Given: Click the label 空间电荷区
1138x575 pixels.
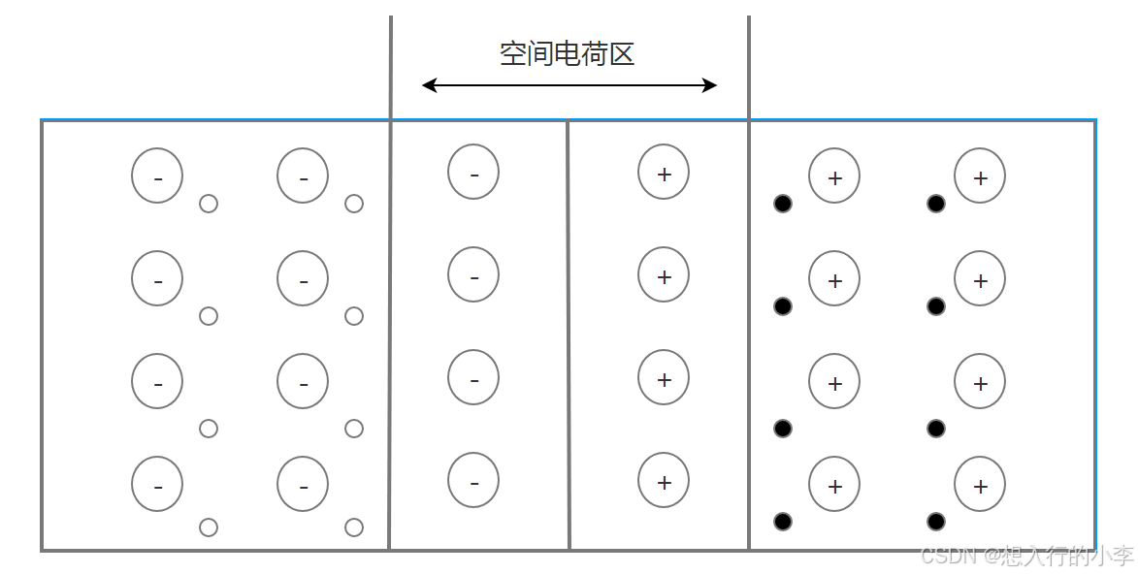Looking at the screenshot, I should [567, 53].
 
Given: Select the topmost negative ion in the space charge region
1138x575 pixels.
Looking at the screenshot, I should [473, 174].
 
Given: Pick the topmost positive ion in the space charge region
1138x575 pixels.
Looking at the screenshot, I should [664, 174].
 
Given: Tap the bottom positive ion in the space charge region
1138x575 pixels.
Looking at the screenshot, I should [664, 482].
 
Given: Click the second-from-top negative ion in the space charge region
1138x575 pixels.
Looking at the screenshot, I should [473, 276].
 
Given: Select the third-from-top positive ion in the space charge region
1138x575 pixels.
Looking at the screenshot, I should [664, 379].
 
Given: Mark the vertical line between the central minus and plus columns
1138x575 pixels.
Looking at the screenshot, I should [568, 335].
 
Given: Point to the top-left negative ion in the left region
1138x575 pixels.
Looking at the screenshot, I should [157, 176].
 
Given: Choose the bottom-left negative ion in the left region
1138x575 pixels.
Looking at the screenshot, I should [157, 485].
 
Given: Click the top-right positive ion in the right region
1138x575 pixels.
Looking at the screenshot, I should [980, 176].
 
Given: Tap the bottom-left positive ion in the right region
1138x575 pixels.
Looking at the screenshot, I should [834, 485].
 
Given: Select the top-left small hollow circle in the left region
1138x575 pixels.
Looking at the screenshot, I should [208, 204].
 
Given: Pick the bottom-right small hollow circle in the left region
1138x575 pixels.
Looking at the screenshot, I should [354, 527].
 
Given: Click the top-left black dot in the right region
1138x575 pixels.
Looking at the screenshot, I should [783, 204].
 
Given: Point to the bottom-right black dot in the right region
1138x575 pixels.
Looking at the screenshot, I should [936, 522].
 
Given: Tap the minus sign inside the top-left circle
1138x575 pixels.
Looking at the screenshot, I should [158, 178].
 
